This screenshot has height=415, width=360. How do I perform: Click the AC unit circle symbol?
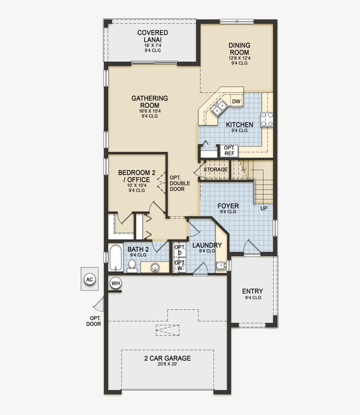90,279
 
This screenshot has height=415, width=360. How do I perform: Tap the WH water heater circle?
115,283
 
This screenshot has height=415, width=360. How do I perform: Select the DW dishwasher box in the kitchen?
236,102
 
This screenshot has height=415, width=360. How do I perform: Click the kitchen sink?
219,107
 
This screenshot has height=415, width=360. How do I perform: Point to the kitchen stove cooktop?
267,119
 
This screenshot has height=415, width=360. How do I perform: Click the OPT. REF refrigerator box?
229,150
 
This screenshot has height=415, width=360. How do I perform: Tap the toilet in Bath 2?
132,265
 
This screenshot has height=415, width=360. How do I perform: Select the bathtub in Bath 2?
116,258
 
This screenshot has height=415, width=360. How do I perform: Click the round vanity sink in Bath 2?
155,267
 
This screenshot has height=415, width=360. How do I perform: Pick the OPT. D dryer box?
179,250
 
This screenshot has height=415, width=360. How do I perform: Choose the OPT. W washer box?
179,265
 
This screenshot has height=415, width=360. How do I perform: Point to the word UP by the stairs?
263,208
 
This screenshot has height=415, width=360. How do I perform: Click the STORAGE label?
215,169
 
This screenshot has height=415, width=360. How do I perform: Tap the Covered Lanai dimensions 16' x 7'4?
152,46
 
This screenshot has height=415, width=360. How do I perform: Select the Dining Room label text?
239,49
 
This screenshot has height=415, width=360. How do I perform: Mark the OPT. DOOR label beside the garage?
94,321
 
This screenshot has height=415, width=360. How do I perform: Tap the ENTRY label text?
252,291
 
